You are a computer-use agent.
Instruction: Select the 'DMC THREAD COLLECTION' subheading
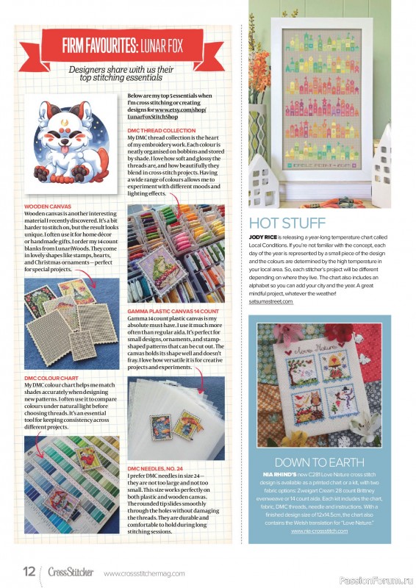(x=162, y=130)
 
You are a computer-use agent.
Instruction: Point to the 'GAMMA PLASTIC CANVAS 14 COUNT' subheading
(x=173, y=311)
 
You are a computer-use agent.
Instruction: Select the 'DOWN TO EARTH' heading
(x=318, y=462)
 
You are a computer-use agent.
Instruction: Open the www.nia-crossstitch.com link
(x=318, y=529)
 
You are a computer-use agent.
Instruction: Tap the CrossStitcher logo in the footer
(x=71, y=572)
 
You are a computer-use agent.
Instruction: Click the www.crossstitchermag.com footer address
(x=144, y=573)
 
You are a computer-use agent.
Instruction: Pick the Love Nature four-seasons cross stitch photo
(x=318, y=385)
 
